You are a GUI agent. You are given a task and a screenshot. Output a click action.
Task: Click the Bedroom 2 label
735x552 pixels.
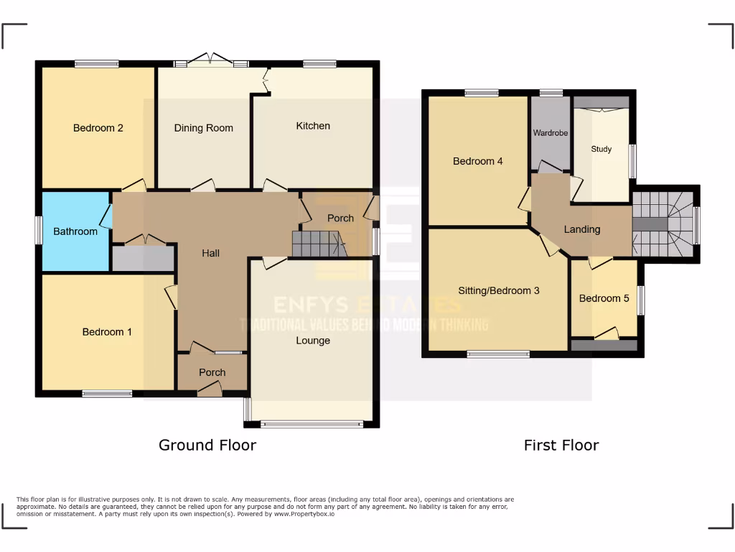click(98, 128)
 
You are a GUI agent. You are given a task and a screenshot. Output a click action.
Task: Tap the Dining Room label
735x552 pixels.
click(204, 128)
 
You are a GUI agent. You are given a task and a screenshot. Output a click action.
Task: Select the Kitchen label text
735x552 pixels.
click(313, 126)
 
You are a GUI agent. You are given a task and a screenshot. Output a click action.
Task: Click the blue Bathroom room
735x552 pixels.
click(75, 231)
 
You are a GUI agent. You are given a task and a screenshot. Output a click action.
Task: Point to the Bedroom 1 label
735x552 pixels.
click(107, 332)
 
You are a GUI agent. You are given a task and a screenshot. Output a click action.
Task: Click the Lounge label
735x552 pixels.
click(313, 340)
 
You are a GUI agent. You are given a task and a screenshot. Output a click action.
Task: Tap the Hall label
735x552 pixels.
click(210, 253)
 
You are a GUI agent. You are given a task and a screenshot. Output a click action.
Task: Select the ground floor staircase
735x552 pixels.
click(317, 244)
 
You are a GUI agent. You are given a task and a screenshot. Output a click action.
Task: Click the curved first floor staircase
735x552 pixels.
click(663, 224)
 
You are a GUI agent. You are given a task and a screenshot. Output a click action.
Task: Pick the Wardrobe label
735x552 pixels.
click(551, 133)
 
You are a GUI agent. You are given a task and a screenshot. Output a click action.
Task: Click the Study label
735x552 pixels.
click(601, 149)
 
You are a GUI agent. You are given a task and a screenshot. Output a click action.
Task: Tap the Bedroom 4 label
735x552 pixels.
click(477, 161)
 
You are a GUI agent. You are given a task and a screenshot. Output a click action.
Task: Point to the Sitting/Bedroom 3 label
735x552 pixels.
click(499, 291)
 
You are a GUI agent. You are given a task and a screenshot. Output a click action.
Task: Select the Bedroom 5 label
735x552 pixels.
click(604, 298)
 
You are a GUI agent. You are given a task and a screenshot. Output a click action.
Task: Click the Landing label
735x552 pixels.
click(581, 229)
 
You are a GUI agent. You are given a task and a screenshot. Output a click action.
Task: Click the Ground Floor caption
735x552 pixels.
click(207, 445)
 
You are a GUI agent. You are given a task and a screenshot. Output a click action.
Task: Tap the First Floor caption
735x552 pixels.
click(561, 445)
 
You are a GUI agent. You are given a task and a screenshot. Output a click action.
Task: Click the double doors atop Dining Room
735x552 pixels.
click(210, 60)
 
